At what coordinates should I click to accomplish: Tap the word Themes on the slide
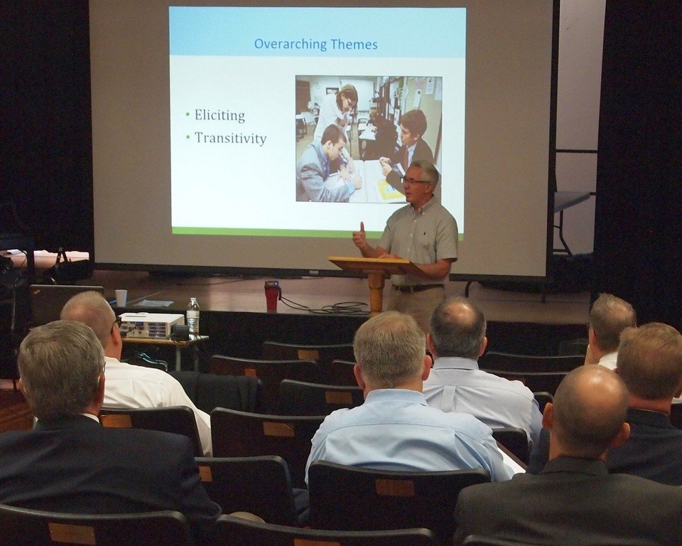pyautogui.click(x=354, y=44)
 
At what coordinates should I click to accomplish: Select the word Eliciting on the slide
pyautogui.click(x=220, y=115)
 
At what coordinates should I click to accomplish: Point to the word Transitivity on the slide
pyautogui.click(x=230, y=138)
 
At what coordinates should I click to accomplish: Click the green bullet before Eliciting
pyautogui.click(x=188, y=115)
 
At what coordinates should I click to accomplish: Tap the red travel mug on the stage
pyautogui.click(x=272, y=296)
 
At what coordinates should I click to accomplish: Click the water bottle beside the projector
pyautogui.click(x=193, y=316)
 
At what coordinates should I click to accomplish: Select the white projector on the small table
pyautogui.click(x=151, y=325)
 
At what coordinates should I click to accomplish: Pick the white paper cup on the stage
pyautogui.click(x=121, y=298)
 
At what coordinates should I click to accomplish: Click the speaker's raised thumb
pyautogui.click(x=362, y=227)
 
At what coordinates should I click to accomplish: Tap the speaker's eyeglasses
pyautogui.click(x=416, y=181)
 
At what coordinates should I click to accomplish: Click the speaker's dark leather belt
pyautogui.click(x=418, y=288)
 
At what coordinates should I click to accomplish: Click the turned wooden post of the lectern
pyautogui.click(x=377, y=293)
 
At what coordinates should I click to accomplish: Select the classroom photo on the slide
pyautogui.click(x=369, y=139)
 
